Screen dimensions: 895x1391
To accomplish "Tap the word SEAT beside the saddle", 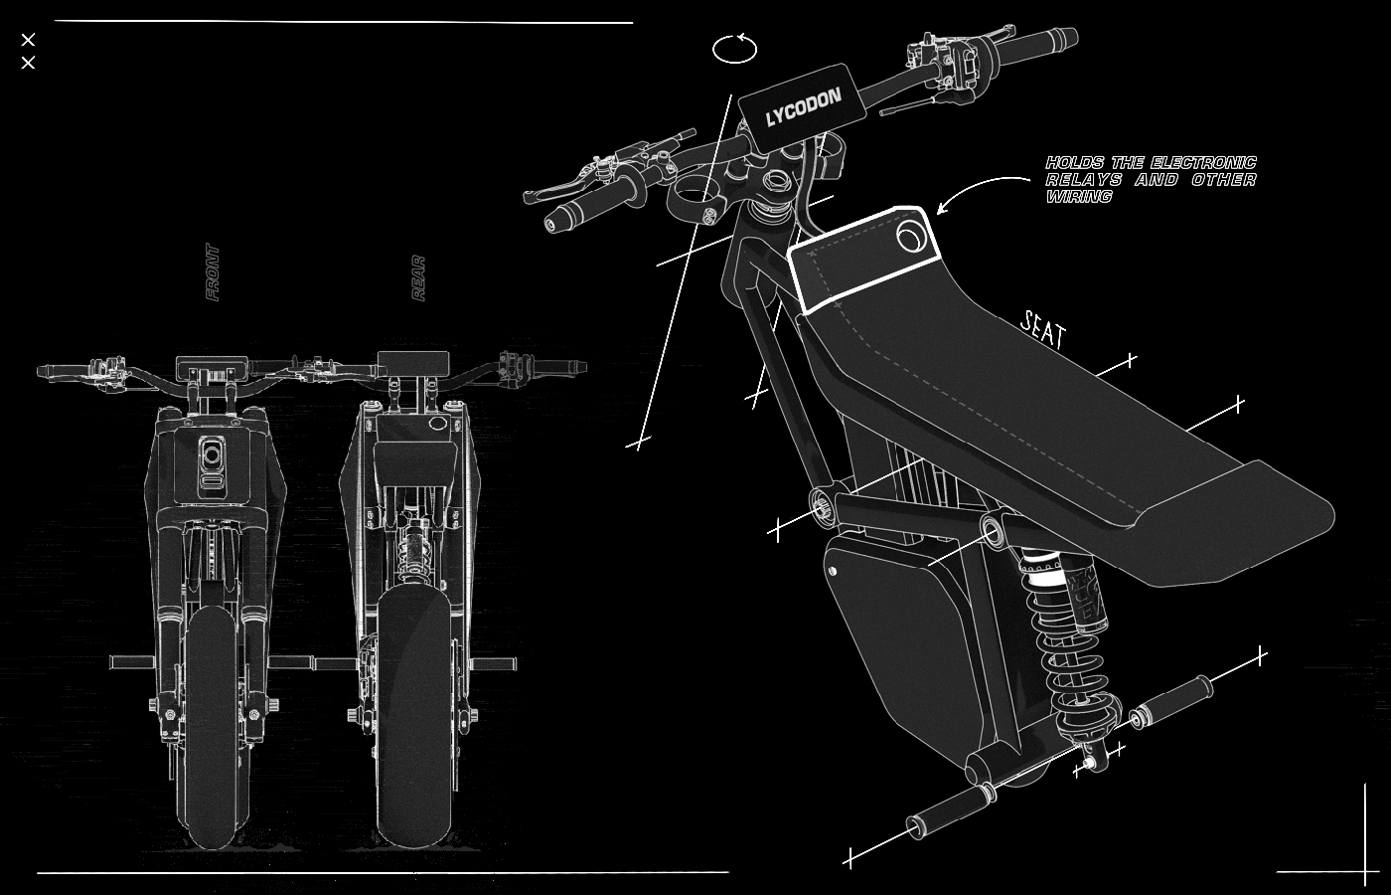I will click(x=1043, y=329).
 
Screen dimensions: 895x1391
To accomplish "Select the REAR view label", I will click(x=419, y=278).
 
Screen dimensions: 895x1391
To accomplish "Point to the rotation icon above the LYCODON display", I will click(x=735, y=49).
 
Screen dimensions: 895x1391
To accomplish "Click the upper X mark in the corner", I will click(x=28, y=40).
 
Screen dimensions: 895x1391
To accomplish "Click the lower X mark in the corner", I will click(x=28, y=64).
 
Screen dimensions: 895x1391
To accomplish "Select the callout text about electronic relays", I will click(x=1151, y=179).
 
